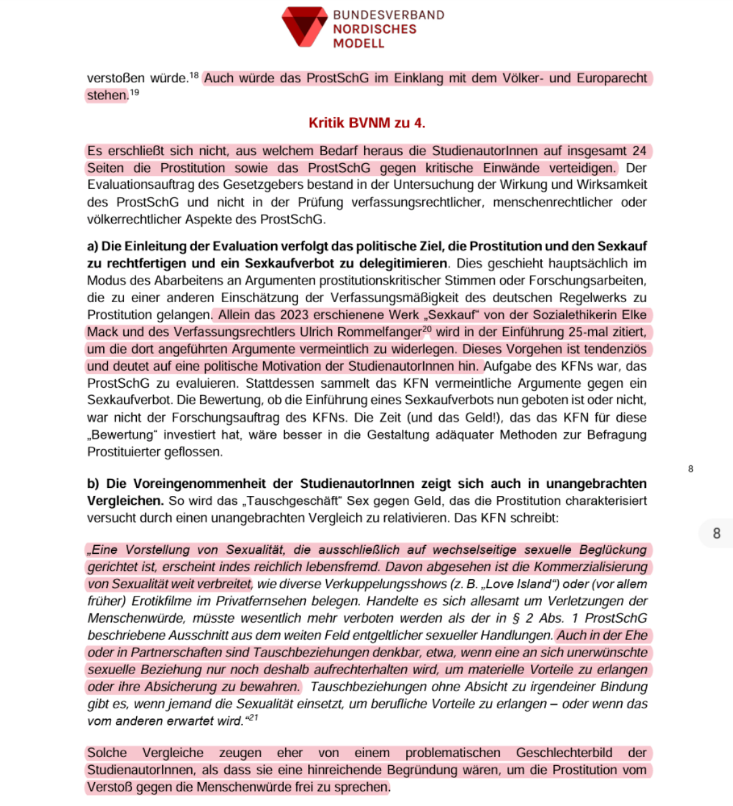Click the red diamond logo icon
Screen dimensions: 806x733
click(x=304, y=26)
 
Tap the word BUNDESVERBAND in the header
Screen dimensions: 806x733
click(x=388, y=15)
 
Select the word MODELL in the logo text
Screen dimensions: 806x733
click(x=359, y=43)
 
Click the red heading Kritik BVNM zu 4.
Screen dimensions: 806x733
click(x=366, y=123)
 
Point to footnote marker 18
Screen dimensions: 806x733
click(x=194, y=76)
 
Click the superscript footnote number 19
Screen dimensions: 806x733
click(x=134, y=93)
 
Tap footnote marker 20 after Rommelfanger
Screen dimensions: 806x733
click(x=426, y=330)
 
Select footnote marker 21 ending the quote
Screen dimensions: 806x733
click(x=253, y=718)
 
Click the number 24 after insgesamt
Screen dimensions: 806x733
click(x=639, y=151)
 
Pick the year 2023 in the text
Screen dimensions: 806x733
click(x=294, y=315)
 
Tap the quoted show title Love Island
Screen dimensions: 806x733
click(x=508, y=584)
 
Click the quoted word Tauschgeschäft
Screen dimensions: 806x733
click(x=293, y=501)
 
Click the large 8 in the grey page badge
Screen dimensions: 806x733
click(x=717, y=534)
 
